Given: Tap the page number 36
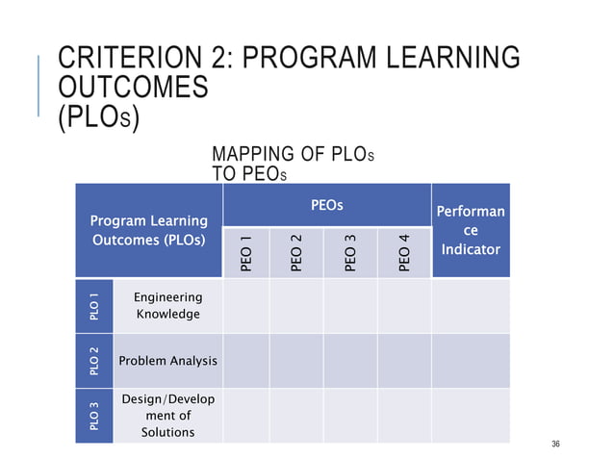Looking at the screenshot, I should (555, 444).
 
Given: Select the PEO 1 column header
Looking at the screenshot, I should (246, 252).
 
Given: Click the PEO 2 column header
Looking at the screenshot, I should (298, 252).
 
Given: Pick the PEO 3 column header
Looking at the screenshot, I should (351, 252).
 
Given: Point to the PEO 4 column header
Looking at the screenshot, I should (405, 252).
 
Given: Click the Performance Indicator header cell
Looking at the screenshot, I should (471, 232).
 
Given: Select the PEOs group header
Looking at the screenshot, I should (326, 205).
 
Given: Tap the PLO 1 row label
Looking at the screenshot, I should (93, 305).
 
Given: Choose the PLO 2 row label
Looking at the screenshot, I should (93, 361).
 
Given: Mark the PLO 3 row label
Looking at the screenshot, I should (93, 416).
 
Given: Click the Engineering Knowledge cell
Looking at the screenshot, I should (167, 306).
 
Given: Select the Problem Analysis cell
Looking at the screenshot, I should (167, 361).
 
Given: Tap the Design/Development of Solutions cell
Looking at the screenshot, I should (167, 416).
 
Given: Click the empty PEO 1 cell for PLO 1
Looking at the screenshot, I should (246, 306).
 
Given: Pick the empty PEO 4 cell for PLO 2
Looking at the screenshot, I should (405, 361).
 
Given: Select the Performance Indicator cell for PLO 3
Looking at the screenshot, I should (471, 416).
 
